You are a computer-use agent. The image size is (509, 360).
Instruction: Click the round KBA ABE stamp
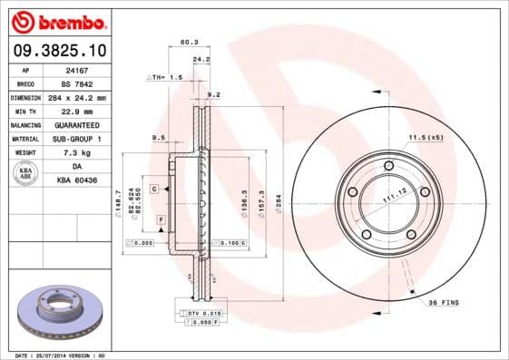click(x=25, y=173)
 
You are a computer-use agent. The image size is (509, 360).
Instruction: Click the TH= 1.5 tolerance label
click(x=166, y=78)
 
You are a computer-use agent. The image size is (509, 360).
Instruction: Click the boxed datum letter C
click(x=155, y=188)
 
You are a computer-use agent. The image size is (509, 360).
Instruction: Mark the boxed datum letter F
click(x=161, y=219)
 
